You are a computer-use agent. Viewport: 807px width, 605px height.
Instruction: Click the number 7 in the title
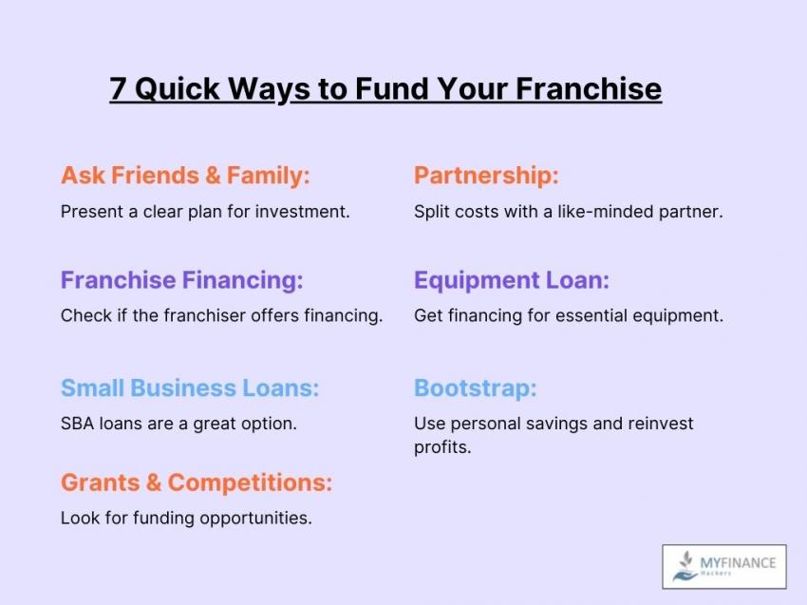click(118, 88)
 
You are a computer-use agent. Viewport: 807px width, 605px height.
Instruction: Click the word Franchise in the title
click(589, 88)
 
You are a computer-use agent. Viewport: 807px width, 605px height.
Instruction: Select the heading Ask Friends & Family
click(186, 176)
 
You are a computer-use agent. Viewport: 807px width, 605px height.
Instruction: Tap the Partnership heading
click(486, 176)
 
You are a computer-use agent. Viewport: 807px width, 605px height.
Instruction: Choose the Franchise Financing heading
click(182, 280)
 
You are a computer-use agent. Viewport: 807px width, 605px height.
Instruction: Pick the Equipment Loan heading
click(512, 280)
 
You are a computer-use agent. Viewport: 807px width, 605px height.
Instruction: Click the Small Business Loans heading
click(190, 388)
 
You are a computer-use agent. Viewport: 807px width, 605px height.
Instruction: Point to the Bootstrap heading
click(476, 388)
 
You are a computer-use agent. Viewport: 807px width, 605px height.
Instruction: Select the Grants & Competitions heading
click(197, 483)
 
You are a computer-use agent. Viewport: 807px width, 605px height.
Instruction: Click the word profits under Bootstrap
click(442, 447)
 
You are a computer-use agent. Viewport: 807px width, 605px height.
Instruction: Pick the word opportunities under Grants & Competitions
click(255, 519)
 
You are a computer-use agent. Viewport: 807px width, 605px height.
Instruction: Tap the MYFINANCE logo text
click(738, 563)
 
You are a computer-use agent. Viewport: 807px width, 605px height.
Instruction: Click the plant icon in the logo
click(685, 566)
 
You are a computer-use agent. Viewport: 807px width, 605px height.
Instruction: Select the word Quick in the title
click(178, 88)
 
